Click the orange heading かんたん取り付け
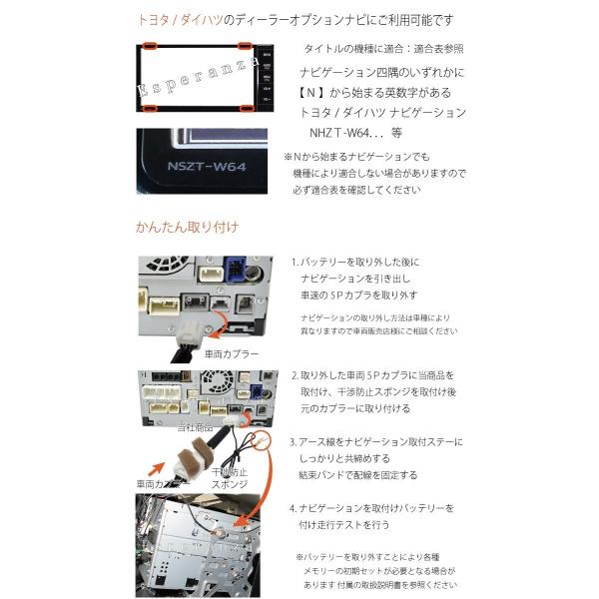coord(187,227)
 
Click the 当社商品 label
coord(197,426)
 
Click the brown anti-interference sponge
coord(187,466)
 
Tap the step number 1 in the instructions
coord(294,262)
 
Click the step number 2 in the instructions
coord(294,376)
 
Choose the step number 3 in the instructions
coord(294,440)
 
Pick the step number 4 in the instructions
coord(294,508)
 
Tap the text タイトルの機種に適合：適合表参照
coord(382,48)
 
